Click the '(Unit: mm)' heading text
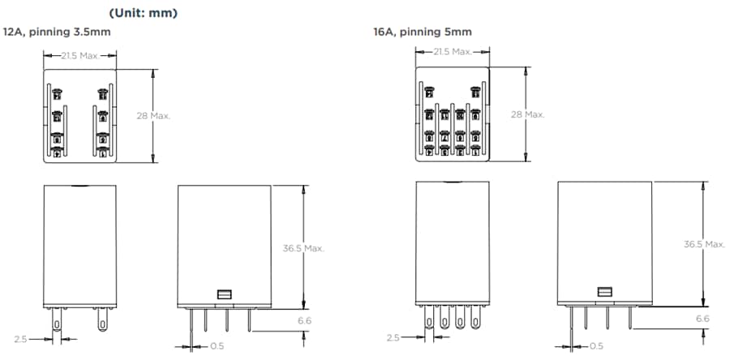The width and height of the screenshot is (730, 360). click(x=143, y=13)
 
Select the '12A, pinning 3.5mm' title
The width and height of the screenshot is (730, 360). click(x=57, y=32)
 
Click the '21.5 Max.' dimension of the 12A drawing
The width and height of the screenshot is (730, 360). click(x=81, y=54)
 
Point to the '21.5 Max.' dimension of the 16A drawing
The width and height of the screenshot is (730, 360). click(x=453, y=52)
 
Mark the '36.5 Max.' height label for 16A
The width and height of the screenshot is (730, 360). click(x=702, y=244)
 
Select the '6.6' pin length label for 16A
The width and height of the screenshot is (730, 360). click(x=702, y=319)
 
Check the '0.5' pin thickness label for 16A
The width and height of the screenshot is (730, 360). click(x=596, y=346)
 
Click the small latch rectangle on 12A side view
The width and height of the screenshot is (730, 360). click(x=225, y=296)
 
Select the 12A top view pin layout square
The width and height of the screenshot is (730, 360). click(x=80, y=115)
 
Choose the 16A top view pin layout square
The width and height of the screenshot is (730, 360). click(x=453, y=114)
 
